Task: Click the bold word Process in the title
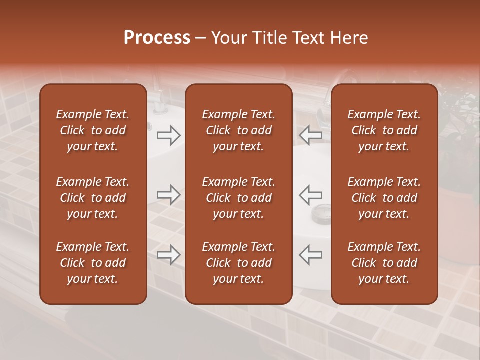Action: click(x=157, y=38)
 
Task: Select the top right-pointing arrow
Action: click(x=168, y=135)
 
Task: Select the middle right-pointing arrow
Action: click(x=168, y=195)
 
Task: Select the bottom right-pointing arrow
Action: click(x=168, y=255)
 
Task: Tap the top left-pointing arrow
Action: click(x=311, y=135)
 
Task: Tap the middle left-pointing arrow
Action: click(x=311, y=195)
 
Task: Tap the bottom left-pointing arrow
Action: click(x=311, y=255)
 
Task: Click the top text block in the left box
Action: click(x=93, y=130)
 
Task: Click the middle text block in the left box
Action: click(x=93, y=198)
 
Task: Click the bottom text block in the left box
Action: click(x=93, y=263)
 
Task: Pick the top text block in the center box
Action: click(x=238, y=130)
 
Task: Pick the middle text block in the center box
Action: click(x=238, y=198)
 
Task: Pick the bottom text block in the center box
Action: click(x=238, y=263)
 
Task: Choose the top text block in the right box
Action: click(x=384, y=130)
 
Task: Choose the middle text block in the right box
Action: click(x=384, y=198)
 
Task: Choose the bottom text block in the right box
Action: click(x=384, y=263)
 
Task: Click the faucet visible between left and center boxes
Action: click(x=159, y=98)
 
